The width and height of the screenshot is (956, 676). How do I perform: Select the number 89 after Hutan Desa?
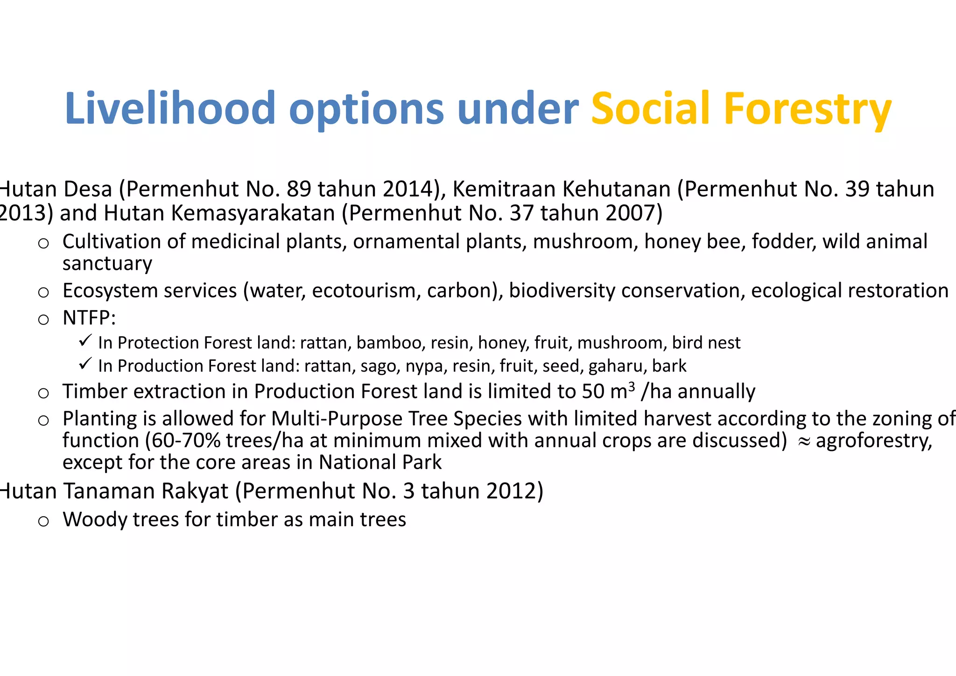pyautogui.click(x=299, y=189)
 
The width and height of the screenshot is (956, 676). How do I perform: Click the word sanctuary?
pyautogui.click(x=107, y=264)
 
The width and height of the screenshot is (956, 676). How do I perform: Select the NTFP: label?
pyautogui.click(x=89, y=318)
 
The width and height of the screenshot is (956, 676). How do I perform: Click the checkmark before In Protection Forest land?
pyautogui.click(x=85, y=341)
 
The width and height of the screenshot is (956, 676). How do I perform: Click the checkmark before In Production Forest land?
pyautogui.click(x=85, y=364)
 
